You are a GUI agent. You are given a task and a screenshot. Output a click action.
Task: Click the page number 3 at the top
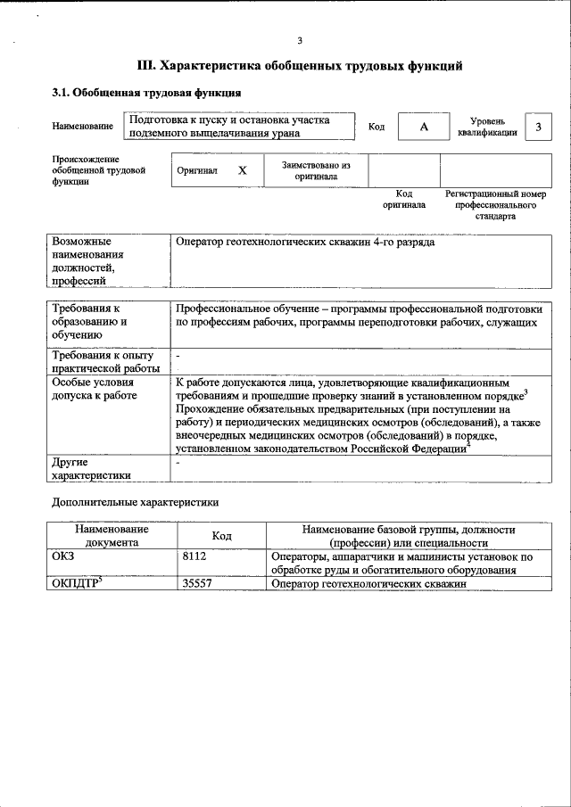tap(300, 40)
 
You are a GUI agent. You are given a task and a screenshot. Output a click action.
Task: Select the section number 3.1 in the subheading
tap(61, 93)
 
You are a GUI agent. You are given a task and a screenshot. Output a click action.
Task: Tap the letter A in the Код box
tap(424, 127)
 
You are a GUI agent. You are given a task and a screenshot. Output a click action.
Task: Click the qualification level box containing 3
tap(538, 127)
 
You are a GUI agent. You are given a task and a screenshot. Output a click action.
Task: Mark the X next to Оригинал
tap(242, 169)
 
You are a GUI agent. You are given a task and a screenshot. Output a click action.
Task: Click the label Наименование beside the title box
tap(83, 127)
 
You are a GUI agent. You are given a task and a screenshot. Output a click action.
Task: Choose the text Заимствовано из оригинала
tap(316, 170)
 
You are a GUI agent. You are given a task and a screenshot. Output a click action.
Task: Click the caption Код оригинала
tap(404, 199)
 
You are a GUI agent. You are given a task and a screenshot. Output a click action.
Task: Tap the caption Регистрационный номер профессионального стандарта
tap(495, 205)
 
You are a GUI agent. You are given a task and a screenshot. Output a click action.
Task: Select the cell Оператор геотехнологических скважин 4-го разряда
tap(306, 242)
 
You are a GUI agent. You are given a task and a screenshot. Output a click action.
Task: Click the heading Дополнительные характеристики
tap(134, 502)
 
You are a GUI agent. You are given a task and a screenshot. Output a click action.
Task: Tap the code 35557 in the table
tap(198, 584)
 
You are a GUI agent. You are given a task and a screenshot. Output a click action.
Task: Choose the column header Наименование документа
tap(112, 535)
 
